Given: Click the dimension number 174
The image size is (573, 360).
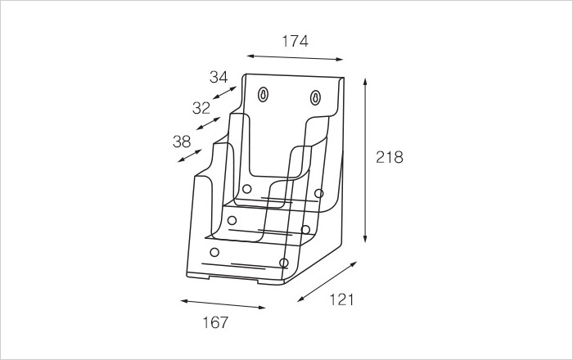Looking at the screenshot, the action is point(295,41).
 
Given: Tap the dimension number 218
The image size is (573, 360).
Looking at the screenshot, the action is point(390,157).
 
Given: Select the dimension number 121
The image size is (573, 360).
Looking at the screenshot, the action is point(341,299).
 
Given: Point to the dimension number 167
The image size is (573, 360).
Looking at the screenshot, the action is point(215,322).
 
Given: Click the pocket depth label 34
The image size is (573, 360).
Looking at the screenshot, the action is point(219,77).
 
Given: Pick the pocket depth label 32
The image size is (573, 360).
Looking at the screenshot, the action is point(201,108).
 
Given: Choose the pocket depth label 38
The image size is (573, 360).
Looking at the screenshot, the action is point(182,142).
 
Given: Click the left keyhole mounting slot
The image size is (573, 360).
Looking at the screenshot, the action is point(263,95).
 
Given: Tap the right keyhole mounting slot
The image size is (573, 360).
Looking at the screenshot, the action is point(315,97).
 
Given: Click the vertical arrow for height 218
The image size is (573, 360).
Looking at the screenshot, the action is point(365,160).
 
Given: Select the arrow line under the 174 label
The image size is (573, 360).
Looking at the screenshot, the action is point(295,57).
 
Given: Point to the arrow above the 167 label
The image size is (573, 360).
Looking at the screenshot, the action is point(223,304).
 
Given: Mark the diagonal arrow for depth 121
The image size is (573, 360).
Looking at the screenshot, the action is point(327,281).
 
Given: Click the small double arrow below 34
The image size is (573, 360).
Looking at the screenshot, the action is point(225,92).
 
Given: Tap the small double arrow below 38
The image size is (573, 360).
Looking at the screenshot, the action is point(190,155).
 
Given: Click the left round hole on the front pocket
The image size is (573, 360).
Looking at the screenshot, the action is point(214,252).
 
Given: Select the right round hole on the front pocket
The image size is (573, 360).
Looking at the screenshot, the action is point(283,263).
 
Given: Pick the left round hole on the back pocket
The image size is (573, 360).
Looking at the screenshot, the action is point(246,189).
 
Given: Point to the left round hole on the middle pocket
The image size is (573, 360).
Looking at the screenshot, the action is point(232,220).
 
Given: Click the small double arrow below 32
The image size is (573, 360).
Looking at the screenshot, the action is point(208,124).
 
